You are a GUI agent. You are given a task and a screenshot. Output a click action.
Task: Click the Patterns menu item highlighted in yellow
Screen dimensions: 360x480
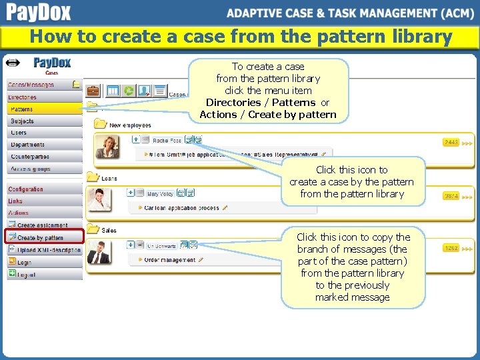[x=22, y=109]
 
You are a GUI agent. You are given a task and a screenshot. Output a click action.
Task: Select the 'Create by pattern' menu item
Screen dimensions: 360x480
[x=40, y=237]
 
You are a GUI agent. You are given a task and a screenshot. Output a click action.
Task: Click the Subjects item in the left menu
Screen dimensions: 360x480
[x=22, y=121]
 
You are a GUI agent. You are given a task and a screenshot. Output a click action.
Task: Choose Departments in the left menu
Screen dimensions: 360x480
[x=27, y=145]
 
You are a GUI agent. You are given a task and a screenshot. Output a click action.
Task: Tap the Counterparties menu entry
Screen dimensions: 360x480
[x=30, y=157]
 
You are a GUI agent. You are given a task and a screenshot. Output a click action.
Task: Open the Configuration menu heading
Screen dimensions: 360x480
[x=25, y=189]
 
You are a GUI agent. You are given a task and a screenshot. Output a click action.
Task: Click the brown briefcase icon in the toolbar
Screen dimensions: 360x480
[x=94, y=91]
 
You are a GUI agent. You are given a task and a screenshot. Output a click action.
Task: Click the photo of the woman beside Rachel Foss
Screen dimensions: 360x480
[x=107, y=147]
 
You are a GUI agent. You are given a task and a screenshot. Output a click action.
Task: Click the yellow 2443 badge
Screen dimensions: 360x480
[x=451, y=143]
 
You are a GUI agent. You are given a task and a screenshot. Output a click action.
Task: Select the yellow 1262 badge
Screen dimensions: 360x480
[x=451, y=248]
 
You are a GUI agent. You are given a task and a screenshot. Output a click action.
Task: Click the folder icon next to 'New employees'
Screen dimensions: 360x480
[x=101, y=124]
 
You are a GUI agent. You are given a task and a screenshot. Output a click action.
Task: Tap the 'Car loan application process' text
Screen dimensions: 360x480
[x=182, y=208]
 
